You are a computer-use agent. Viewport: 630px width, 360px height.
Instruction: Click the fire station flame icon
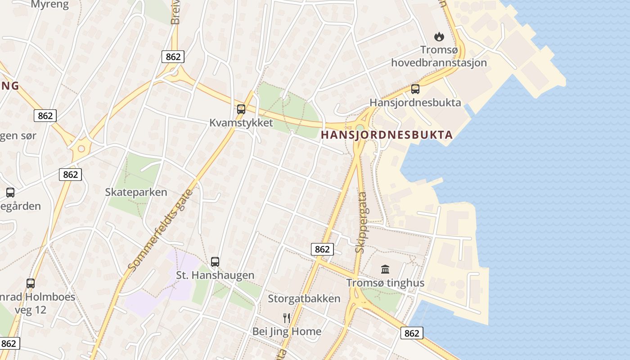click(x=439, y=36)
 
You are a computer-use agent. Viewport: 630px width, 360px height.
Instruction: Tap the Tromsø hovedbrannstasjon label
click(x=439, y=56)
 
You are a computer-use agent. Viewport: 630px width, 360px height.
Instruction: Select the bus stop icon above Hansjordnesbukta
click(x=415, y=89)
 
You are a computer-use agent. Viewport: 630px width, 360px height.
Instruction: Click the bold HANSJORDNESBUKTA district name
click(x=387, y=135)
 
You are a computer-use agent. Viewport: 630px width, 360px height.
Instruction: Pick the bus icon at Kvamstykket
click(x=241, y=109)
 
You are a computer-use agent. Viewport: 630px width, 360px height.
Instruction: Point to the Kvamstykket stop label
click(x=241, y=123)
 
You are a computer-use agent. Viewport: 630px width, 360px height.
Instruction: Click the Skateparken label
click(x=136, y=192)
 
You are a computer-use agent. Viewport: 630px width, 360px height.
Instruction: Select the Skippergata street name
click(x=361, y=223)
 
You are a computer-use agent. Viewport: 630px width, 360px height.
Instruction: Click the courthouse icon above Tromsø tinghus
click(x=385, y=269)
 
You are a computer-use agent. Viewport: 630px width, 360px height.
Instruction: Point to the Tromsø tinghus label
click(x=385, y=283)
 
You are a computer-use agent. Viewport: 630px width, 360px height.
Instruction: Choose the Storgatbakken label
click(x=304, y=299)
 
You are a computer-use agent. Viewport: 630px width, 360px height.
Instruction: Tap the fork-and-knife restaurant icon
click(x=287, y=318)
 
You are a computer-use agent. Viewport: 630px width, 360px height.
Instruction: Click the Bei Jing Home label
click(x=287, y=332)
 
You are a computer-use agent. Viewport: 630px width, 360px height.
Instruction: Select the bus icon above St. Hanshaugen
click(x=215, y=261)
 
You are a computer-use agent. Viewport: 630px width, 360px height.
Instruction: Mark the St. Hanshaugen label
click(x=215, y=275)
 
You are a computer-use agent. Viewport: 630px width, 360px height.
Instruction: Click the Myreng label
click(x=50, y=5)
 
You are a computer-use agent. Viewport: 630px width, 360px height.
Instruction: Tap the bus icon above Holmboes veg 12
click(x=31, y=283)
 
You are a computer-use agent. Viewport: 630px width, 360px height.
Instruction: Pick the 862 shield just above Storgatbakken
click(x=322, y=249)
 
